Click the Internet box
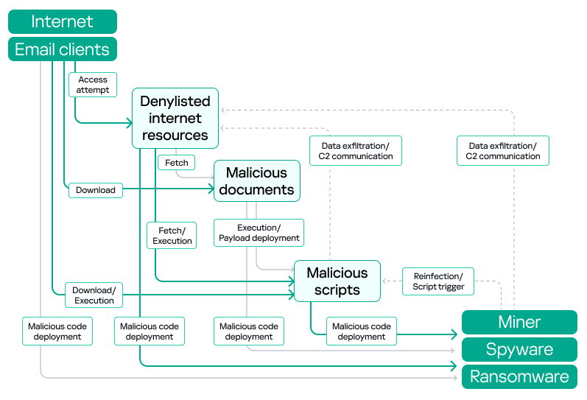click(63, 21)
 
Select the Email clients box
click(63, 49)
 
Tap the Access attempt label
click(93, 85)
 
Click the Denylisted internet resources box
click(175, 118)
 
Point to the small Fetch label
click(176, 163)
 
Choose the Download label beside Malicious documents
click(96, 190)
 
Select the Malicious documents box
click(257, 181)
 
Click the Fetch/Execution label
click(172, 236)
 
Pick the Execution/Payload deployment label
click(259, 233)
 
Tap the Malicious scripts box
click(337, 281)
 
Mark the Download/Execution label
click(94, 295)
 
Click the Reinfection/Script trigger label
click(438, 281)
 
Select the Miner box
click(519, 322)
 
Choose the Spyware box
click(519, 350)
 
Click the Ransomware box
click(519, 377)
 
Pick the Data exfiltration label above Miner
click(503, 151)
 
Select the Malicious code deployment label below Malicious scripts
click(362, 331)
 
